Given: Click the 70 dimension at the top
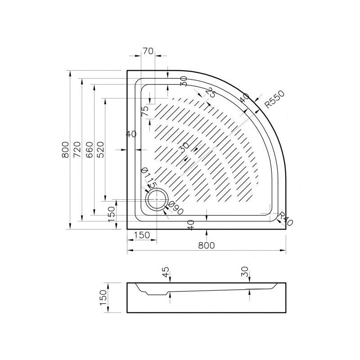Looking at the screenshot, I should [x=148, y=51].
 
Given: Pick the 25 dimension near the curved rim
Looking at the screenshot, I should [x=210, y=93].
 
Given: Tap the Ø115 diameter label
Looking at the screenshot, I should [x=148, y=178].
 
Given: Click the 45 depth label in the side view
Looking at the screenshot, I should [x=166, y=272].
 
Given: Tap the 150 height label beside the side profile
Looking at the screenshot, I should [x=103, y=297].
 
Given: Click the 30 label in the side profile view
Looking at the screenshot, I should [x=245, y=272].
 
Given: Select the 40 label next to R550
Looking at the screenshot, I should [x=244, y=98].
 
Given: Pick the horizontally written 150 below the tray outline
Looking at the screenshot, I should [x=141, y=235].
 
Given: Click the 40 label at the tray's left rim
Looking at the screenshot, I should [x=131, y=134].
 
